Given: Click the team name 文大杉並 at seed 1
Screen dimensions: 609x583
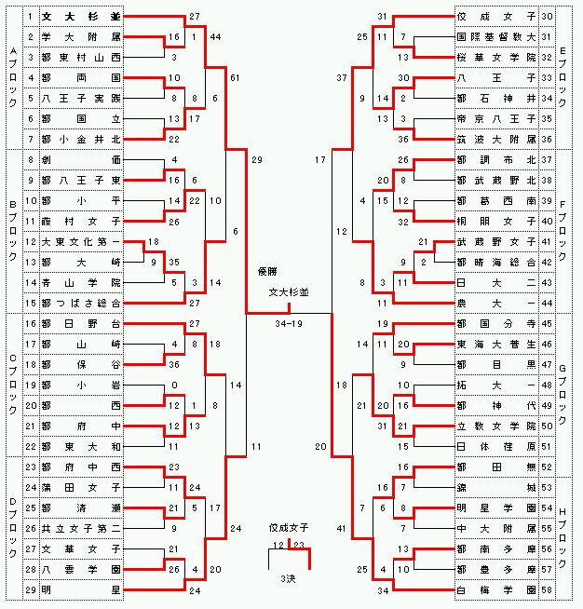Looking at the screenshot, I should pos(81,17).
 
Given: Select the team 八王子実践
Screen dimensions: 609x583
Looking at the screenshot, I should pos(81,97).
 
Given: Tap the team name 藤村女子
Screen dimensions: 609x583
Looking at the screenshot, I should pos(81,221).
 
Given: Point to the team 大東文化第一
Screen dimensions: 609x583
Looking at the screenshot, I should pos(81,241).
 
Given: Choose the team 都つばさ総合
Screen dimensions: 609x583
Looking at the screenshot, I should pos(81,303).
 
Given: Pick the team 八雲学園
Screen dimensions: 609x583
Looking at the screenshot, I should pos(81,569).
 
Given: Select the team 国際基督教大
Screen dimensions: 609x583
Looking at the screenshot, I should pos(495,37).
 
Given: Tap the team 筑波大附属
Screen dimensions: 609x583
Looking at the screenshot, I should pos(495,139).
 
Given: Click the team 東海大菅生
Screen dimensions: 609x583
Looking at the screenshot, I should pos(495,344).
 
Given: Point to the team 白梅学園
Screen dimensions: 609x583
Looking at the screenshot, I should pos(495,589).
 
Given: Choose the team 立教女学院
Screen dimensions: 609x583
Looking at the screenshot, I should pos(495,426).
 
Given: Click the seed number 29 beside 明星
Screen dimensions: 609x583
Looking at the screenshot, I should pos(30,589).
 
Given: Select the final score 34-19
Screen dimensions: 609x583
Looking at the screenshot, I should pos(288,324).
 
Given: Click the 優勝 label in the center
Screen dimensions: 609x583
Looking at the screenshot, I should pos(269,272).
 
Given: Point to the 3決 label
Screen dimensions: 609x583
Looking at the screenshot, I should pos(288,578).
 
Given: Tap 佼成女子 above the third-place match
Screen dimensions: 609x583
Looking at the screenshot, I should pos(288,527).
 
